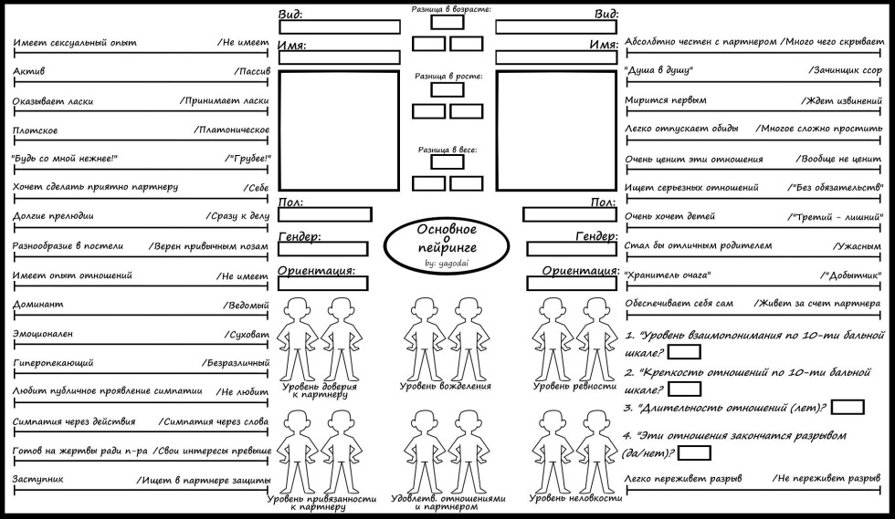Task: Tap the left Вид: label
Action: [x=290, y=14]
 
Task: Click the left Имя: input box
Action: [x=339, y=57]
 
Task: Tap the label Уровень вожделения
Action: [x=446, y=386]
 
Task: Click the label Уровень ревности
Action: [x=574, y=386]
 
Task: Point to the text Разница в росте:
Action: [x=447, y=77]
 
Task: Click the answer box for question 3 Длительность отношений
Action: [x=848, y=407]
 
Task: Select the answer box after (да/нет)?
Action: [x=695, y=452]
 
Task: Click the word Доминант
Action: [x=32, y=304]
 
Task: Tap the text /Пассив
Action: [x=251, y=70]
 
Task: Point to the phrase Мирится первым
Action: [x=666, y=100]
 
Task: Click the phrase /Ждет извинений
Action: [x=841, y=100]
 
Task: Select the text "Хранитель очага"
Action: [x=668, y=275]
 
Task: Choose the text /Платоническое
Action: [x=231, y=130]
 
